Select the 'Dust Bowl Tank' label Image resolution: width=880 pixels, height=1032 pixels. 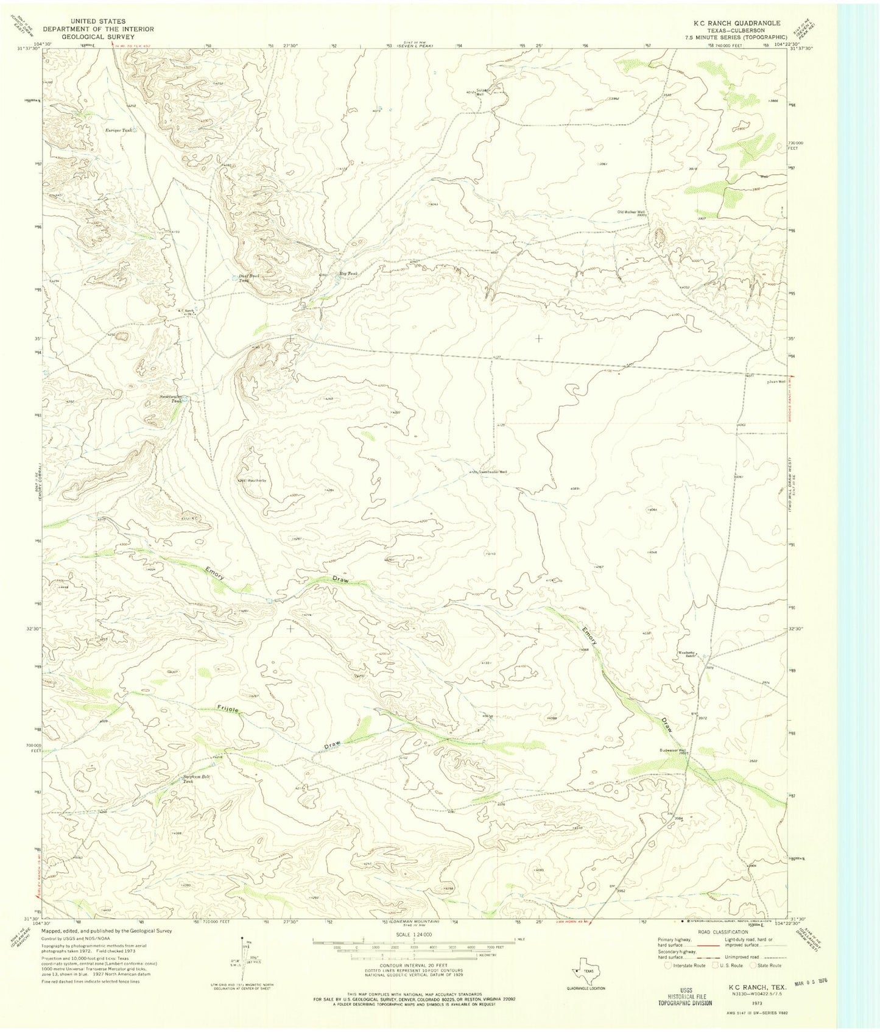tap(245, 278)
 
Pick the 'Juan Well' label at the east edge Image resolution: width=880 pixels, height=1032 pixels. tap(776, 381)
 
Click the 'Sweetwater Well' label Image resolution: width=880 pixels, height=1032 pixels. tap(493, 472)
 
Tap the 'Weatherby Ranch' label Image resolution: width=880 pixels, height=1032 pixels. tap(686, 654)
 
